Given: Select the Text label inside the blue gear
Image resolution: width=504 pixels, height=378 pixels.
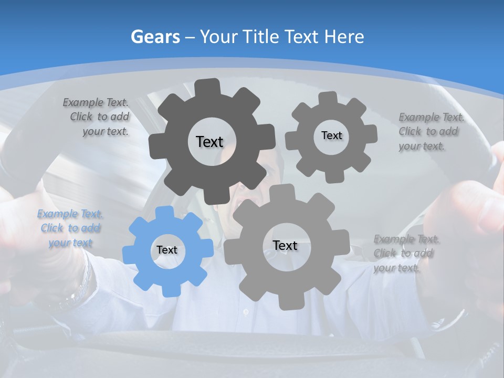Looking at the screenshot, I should click(167, 250).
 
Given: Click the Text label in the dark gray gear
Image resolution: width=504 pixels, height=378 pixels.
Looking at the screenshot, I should click(209, 142).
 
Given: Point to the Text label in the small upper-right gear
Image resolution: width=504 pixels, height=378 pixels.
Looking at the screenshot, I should click(331, 135).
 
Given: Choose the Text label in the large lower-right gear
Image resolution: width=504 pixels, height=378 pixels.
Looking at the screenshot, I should click(285, 245).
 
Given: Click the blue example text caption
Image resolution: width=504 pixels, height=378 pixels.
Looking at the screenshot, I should click(70, 228).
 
